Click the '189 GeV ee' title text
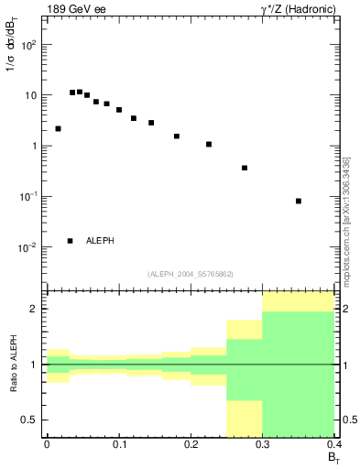(75, 9)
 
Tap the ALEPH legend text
(100, 241)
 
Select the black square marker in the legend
(70, 241)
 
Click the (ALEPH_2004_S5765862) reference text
(190, 274)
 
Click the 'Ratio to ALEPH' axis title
(13, 365)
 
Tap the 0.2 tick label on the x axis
(191, 444)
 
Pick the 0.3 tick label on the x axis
(262, 444)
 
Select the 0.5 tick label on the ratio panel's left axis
(28, 420)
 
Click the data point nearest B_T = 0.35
(299, 201)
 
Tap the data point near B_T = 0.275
(245, 168)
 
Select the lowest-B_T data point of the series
(58, 129)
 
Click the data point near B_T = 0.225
(209, 144)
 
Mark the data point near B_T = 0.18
(177, 136)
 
